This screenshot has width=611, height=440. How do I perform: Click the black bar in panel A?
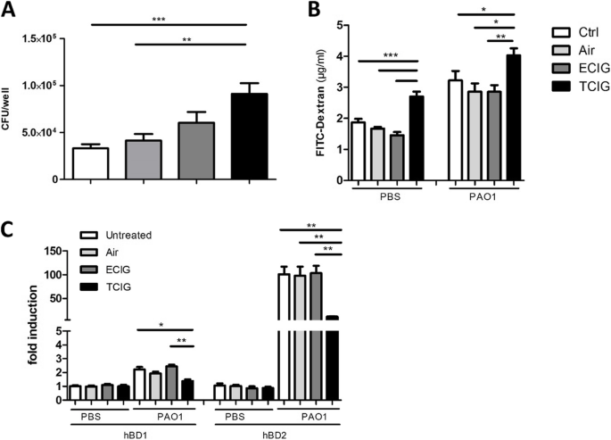[x=250, y=137]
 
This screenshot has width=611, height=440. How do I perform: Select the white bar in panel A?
[x=90, y=163]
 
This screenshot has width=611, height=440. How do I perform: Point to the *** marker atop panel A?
[x=159, y=19]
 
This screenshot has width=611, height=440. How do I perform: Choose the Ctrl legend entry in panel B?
[x=575, y=32]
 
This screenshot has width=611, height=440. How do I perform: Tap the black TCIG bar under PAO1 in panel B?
[x=513, y=118]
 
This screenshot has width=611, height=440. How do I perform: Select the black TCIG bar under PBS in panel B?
[x=417, y=138]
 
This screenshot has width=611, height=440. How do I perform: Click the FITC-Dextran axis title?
[x=320, y=103]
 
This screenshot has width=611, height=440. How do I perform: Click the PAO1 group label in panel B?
[x=483, y=197]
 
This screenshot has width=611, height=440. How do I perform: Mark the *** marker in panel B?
[x=391, y=55]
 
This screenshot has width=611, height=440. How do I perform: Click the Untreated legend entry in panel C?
[x=116, y=236]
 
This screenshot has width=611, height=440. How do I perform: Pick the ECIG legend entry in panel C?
[x=105, y=270]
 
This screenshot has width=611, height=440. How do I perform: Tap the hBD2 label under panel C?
[x=276, y=435]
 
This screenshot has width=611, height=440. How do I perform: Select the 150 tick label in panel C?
[x=53, y=252]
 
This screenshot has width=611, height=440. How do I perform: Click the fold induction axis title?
[x=34, y=325]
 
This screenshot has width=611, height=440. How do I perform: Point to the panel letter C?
[x=8, y=231]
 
